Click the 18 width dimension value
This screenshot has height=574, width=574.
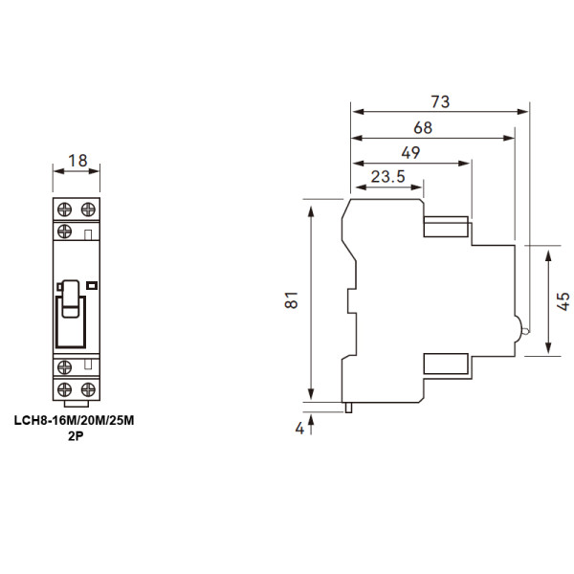(x=77, y=160)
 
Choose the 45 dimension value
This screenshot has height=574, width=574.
(x=564, y=301)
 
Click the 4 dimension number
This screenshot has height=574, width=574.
(x=299, y=430)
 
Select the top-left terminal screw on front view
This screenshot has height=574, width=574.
(x=67, y=209)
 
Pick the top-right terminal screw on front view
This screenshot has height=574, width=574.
(x=88, y=209)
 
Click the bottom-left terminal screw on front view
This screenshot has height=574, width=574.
(x=67, y=389)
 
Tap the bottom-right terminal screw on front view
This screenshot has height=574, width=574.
(x=88, y=389)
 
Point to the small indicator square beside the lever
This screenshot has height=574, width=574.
(x=93, y=285)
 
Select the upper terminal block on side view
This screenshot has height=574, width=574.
(x=446, y=227)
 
